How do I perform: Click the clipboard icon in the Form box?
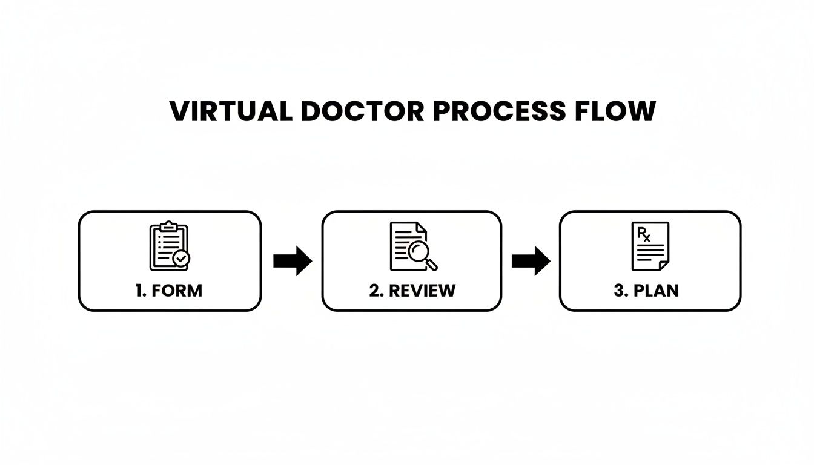(x=168, y=246)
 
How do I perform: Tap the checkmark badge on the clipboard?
(x=180, y=259)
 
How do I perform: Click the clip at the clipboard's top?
(x=169, y=226)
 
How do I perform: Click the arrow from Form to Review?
(x=292, y=261)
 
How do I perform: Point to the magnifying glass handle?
(x=432, y=265)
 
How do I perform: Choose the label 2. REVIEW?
(x=412, y=290)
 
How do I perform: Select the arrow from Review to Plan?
(x=531, y=261)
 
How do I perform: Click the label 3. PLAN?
(x=646, y=290)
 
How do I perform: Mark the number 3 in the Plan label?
(x=619, y=290)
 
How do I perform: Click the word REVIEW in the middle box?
(x=422, y=290)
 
